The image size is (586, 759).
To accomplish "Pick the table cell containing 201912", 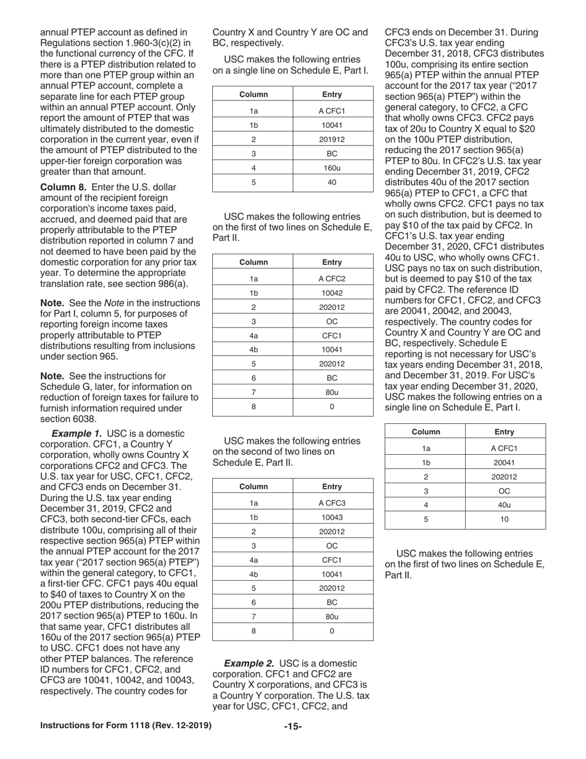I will tap(332, 139).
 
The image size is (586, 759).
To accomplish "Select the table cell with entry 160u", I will tap(332, 168).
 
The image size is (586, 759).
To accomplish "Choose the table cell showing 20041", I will tap(505, 462).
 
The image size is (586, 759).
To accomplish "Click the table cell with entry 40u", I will tap(505, 505).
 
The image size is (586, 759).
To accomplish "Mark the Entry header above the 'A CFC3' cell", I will tap(332, 486).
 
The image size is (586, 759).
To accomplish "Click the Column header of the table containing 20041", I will tap(425, 431).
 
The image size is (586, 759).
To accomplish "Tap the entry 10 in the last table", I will tap(505, 520).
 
